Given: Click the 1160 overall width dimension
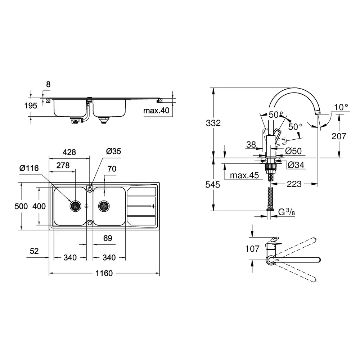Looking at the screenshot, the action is tap(104, 273).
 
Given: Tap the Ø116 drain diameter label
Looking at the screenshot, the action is tap(29, 168).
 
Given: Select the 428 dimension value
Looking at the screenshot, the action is tap(69, 152).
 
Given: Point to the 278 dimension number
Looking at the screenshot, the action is tap(63, 165).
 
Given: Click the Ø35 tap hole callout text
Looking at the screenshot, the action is tap(114, 151).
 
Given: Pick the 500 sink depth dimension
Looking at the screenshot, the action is tap(21, 206).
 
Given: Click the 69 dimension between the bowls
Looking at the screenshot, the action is tap(108, 238).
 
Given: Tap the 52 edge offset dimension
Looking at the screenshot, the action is tap(34, 251).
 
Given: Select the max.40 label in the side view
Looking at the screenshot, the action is tap(156, 111).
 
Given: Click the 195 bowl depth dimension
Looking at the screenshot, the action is tap(31, 105).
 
